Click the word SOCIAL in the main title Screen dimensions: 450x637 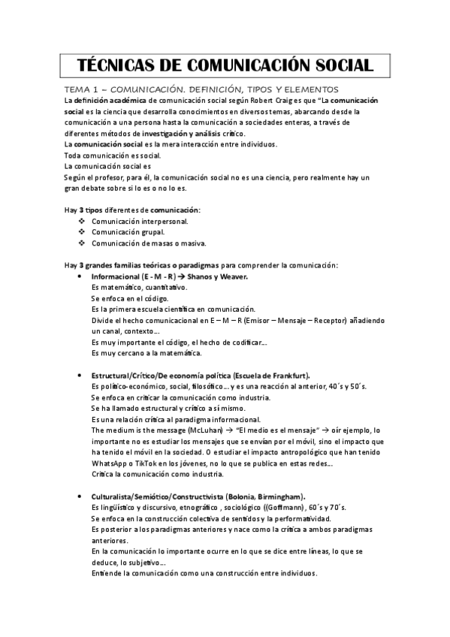click(x=337, y=65)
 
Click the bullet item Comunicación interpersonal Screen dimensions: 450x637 click(x=140, y=222)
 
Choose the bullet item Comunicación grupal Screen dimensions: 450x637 click(x=128, y=232)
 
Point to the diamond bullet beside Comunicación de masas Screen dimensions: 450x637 click(x=81, y=243)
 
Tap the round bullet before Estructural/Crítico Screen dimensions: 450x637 click(x=81, y=375)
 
